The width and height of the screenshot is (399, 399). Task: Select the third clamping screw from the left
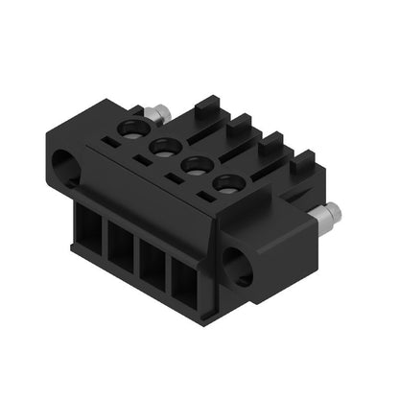(x=195, y=164)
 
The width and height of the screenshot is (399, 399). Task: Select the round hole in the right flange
(x=237, y=267)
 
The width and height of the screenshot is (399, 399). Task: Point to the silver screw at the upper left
(x=158, y=113)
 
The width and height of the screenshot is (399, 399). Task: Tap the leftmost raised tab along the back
(x=205, y=107)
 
